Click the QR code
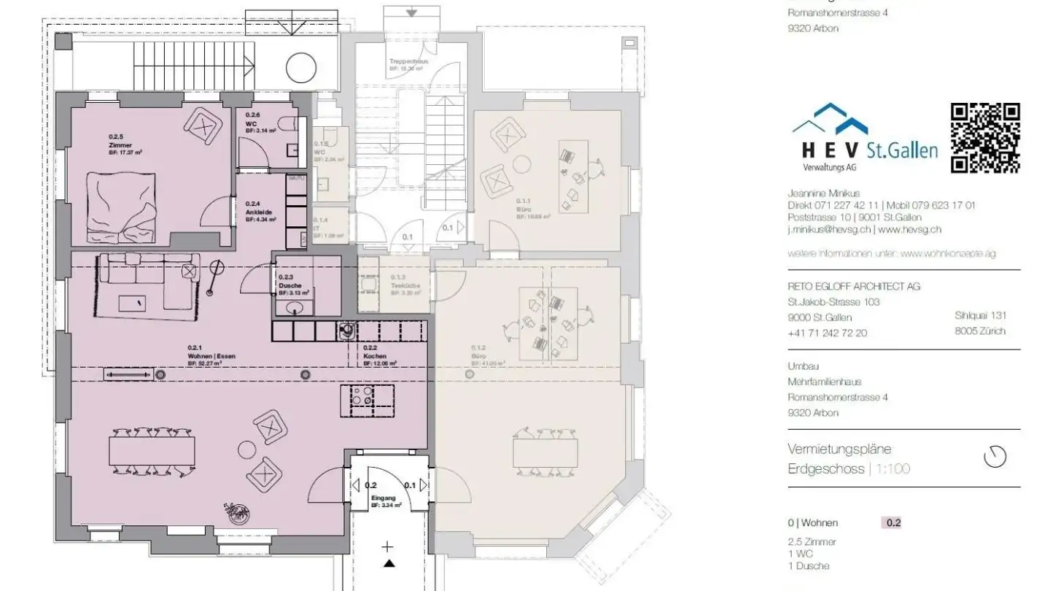click(x=985, y=138)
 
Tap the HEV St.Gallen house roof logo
click(x=831, y=119)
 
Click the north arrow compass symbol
click(x=995, y=457)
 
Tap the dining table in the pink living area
click(x=152, y=451)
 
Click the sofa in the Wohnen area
click(x=146, y=285)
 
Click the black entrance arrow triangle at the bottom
click(x=389, y=563)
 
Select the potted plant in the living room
click(x=237, y=514)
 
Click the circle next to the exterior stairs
click(x=300, y=69)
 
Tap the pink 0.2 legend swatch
click(x=892, y=523)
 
